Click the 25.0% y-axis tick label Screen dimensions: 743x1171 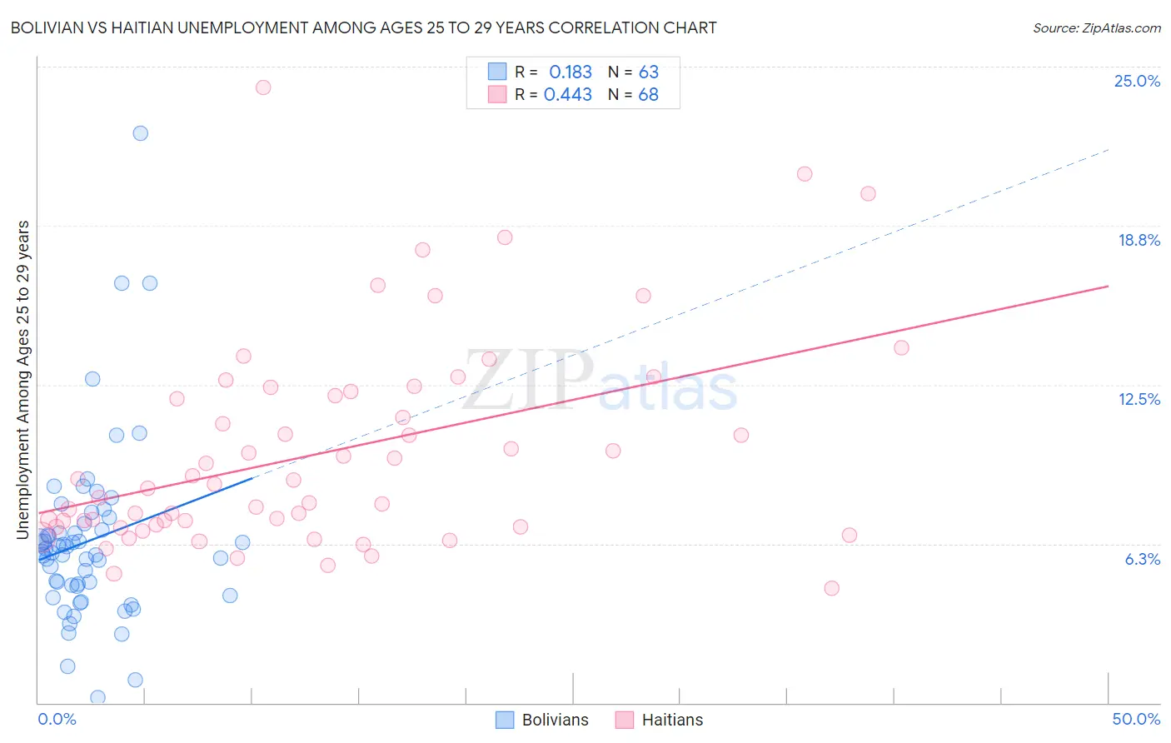(x=1137, y=81)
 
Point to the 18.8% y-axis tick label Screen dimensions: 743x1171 (x=1139, y=240)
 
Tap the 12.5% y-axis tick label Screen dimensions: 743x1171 (x=1139, y=399)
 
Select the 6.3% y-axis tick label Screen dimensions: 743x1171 (x=1142, y=559)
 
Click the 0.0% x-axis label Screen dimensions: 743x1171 (x=57, y=719)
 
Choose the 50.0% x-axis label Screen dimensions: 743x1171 (x=1135, y=719)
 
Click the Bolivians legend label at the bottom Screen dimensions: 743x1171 (x=555, y=720)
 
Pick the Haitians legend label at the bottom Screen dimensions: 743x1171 (x=672, y=720)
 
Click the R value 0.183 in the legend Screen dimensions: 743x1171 (x=570, y=72)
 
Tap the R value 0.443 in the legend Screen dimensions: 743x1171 (x=567, y=95)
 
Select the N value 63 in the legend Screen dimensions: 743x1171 (x=648, y=72)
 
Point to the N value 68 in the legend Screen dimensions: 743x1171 (x=648, y=95)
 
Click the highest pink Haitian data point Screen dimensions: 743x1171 (x=263, y=87)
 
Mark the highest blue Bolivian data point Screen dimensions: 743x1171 (x=141, y=133)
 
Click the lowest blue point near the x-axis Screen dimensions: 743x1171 (x=97, y=697)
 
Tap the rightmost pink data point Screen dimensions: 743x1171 (x=901, y=347)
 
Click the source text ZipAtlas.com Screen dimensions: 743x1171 (x=1096, y=28)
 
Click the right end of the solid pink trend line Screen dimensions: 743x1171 (x=1108, y=286)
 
